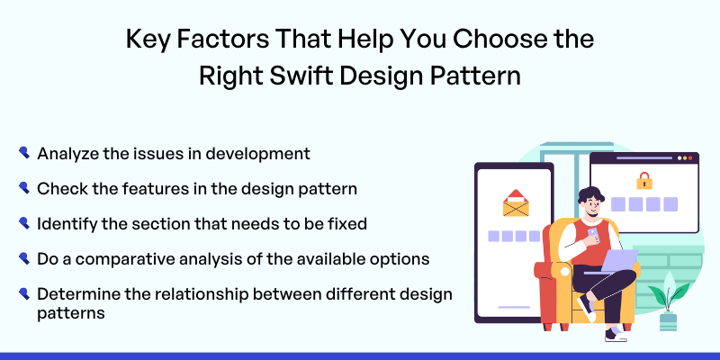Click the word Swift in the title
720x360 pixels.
tap(301, 76)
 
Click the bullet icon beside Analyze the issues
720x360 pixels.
tap(24, 152)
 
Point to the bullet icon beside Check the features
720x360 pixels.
tap(24, 188)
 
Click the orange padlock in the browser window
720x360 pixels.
tap(644, 181)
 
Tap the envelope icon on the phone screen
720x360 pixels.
tap(516, 203)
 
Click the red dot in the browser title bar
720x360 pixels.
tap(690, 158)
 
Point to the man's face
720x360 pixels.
tap(591, 205)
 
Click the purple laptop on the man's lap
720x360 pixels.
tap(616, 261)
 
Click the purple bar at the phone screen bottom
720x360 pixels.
tap(514, 307)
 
